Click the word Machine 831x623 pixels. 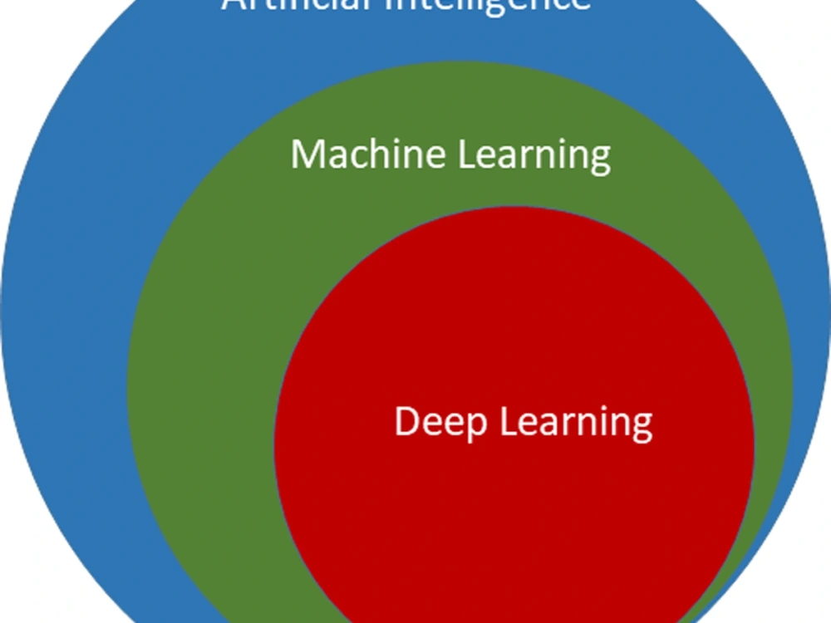[x=352, y=155]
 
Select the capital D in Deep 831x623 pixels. [x=406, y=421]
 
